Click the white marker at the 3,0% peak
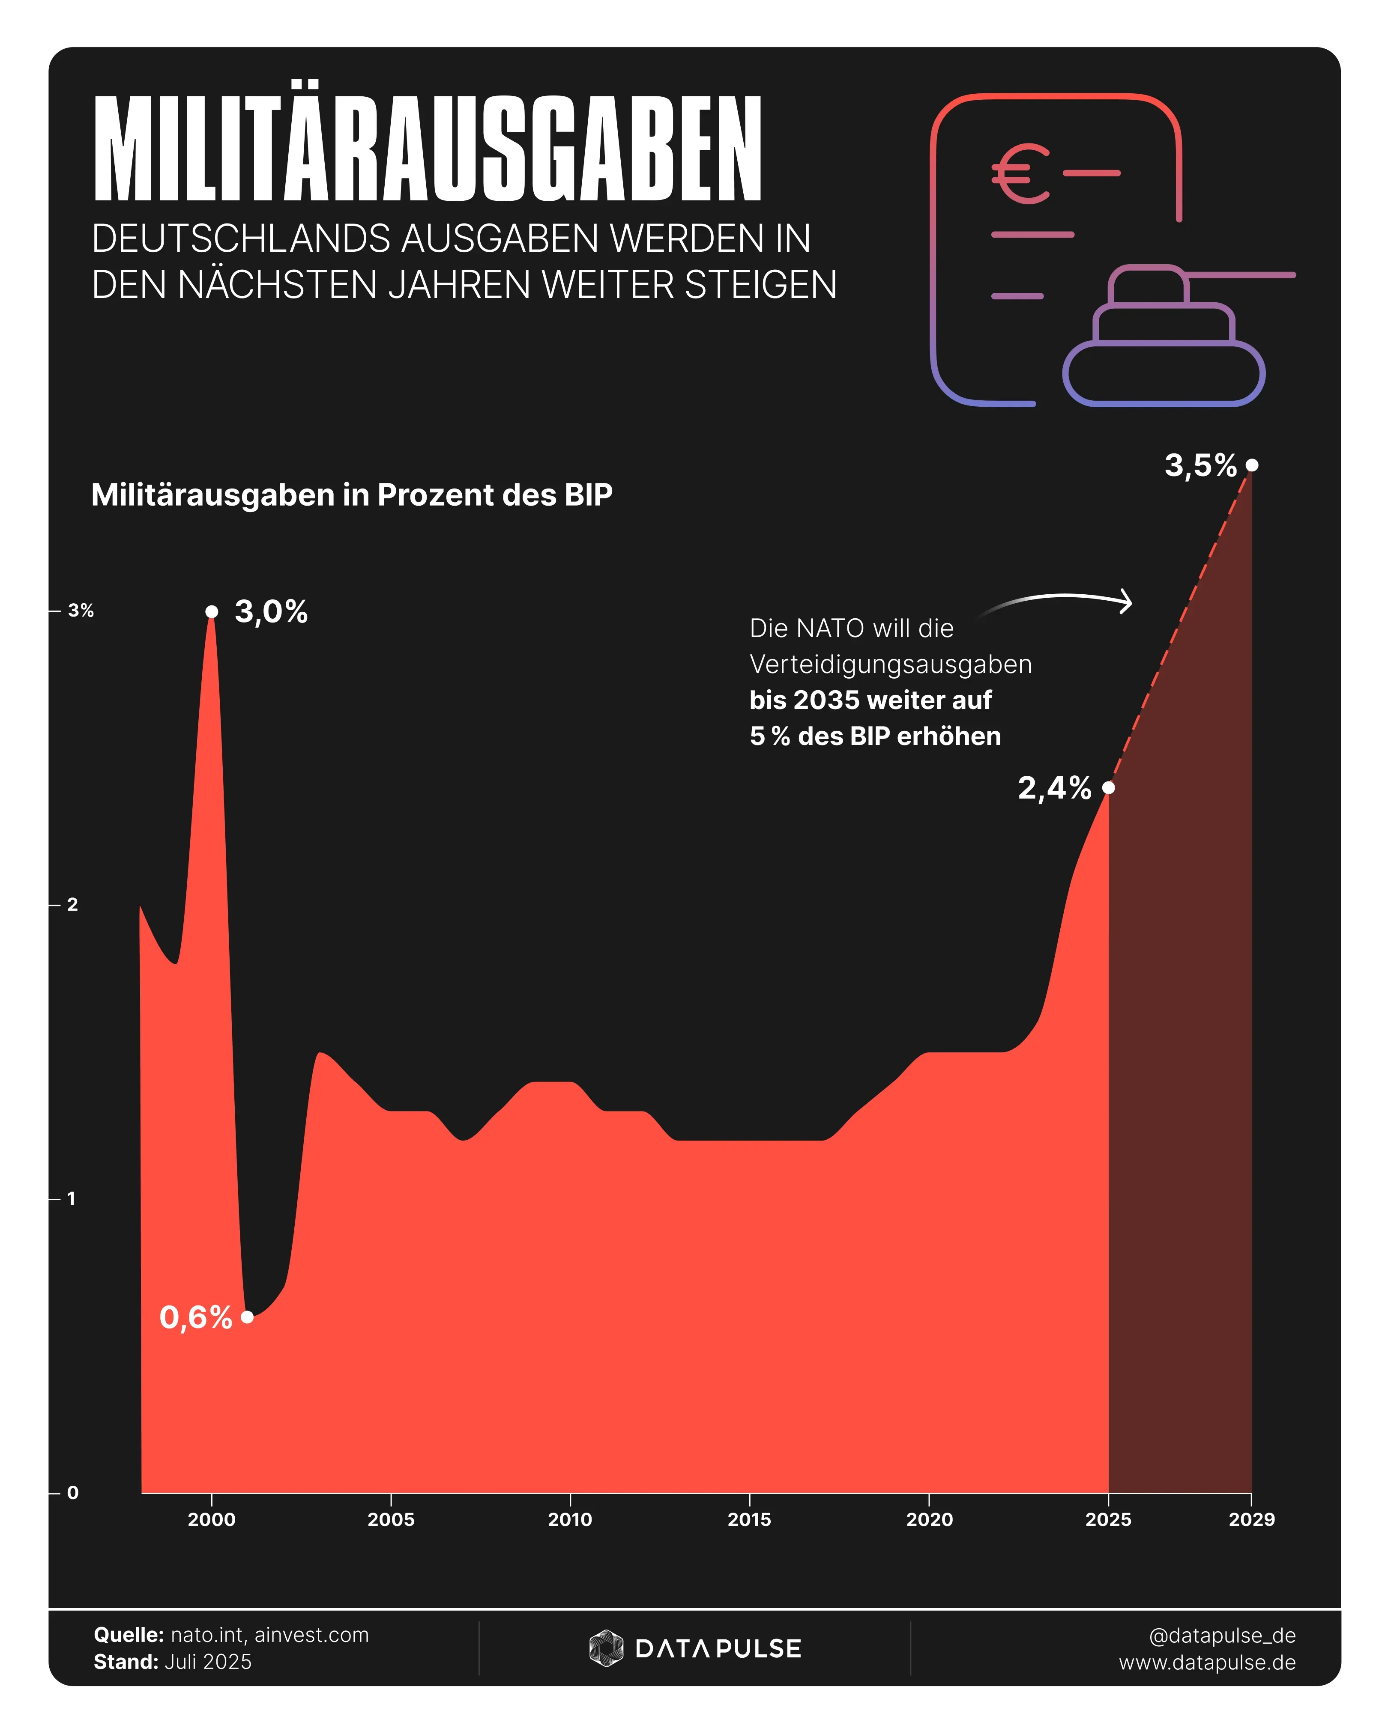212,611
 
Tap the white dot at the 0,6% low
247,1317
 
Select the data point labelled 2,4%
1109,787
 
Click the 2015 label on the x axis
749,1519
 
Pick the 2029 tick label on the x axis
1251,1519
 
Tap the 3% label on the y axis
81,611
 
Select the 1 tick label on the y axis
72,1198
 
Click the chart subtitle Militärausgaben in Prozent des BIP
352,495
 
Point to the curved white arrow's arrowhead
1128,602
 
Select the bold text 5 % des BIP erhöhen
875,736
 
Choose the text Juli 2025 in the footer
208,1662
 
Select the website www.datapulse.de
1207,1662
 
